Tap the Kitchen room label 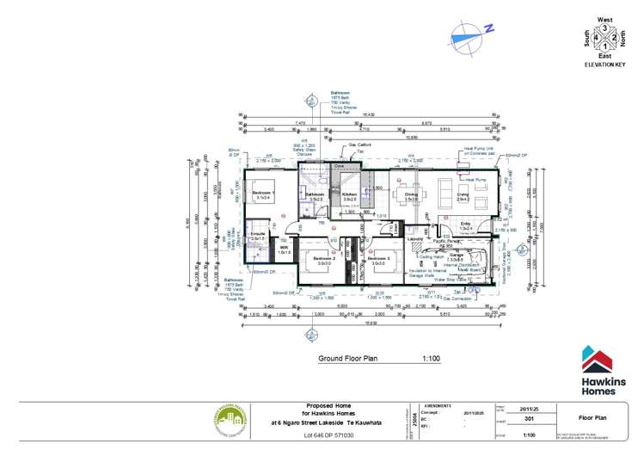(x=349, y=194)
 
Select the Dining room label (x=411, y=194)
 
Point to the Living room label (x=463, y=194)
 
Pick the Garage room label (x=456, y=255)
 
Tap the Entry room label (x=465, y=225)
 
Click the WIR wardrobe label (x=283, y=249)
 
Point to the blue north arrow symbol (x=469, y=32)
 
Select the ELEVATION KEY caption (x=605, y=65)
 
